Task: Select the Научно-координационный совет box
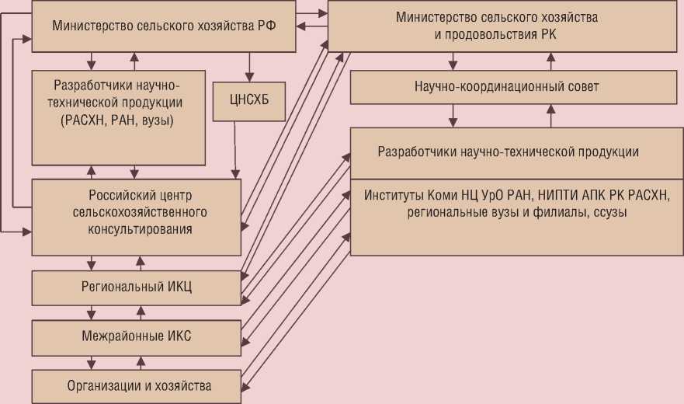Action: (506, 87)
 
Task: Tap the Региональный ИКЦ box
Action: (136, 287)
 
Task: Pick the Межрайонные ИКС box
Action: (136, 336)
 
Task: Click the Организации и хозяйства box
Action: (136, 385)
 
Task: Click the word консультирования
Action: (136, 229)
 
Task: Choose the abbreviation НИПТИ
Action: (557, 194)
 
